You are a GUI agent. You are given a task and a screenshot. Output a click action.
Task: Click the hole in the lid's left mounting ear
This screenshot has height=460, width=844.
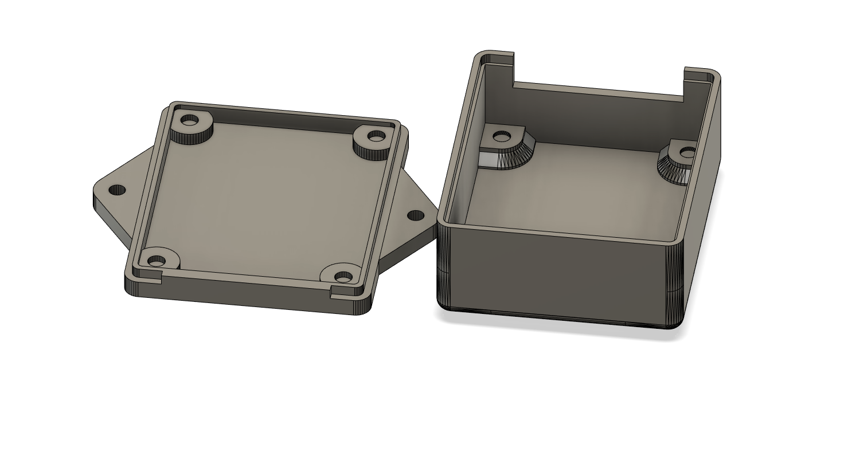[117, 190]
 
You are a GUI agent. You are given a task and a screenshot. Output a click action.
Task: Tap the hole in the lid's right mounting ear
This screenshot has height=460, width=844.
[415, 215]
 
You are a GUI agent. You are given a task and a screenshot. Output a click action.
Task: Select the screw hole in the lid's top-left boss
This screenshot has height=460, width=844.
[189, 121]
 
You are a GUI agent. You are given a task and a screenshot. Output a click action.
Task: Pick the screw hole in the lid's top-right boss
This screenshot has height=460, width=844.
[376, 136]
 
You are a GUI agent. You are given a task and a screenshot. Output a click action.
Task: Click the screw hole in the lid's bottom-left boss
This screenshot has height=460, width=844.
[156, 261]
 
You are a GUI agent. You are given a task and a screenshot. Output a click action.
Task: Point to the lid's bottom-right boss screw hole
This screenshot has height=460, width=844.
[343, 277]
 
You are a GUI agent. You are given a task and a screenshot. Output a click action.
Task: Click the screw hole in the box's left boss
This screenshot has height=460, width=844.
[502, 136]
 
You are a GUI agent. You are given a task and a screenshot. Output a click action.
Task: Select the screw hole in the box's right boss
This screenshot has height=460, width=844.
[687, 152]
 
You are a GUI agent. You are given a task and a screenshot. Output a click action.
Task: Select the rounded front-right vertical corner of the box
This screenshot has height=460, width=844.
[675, 286]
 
